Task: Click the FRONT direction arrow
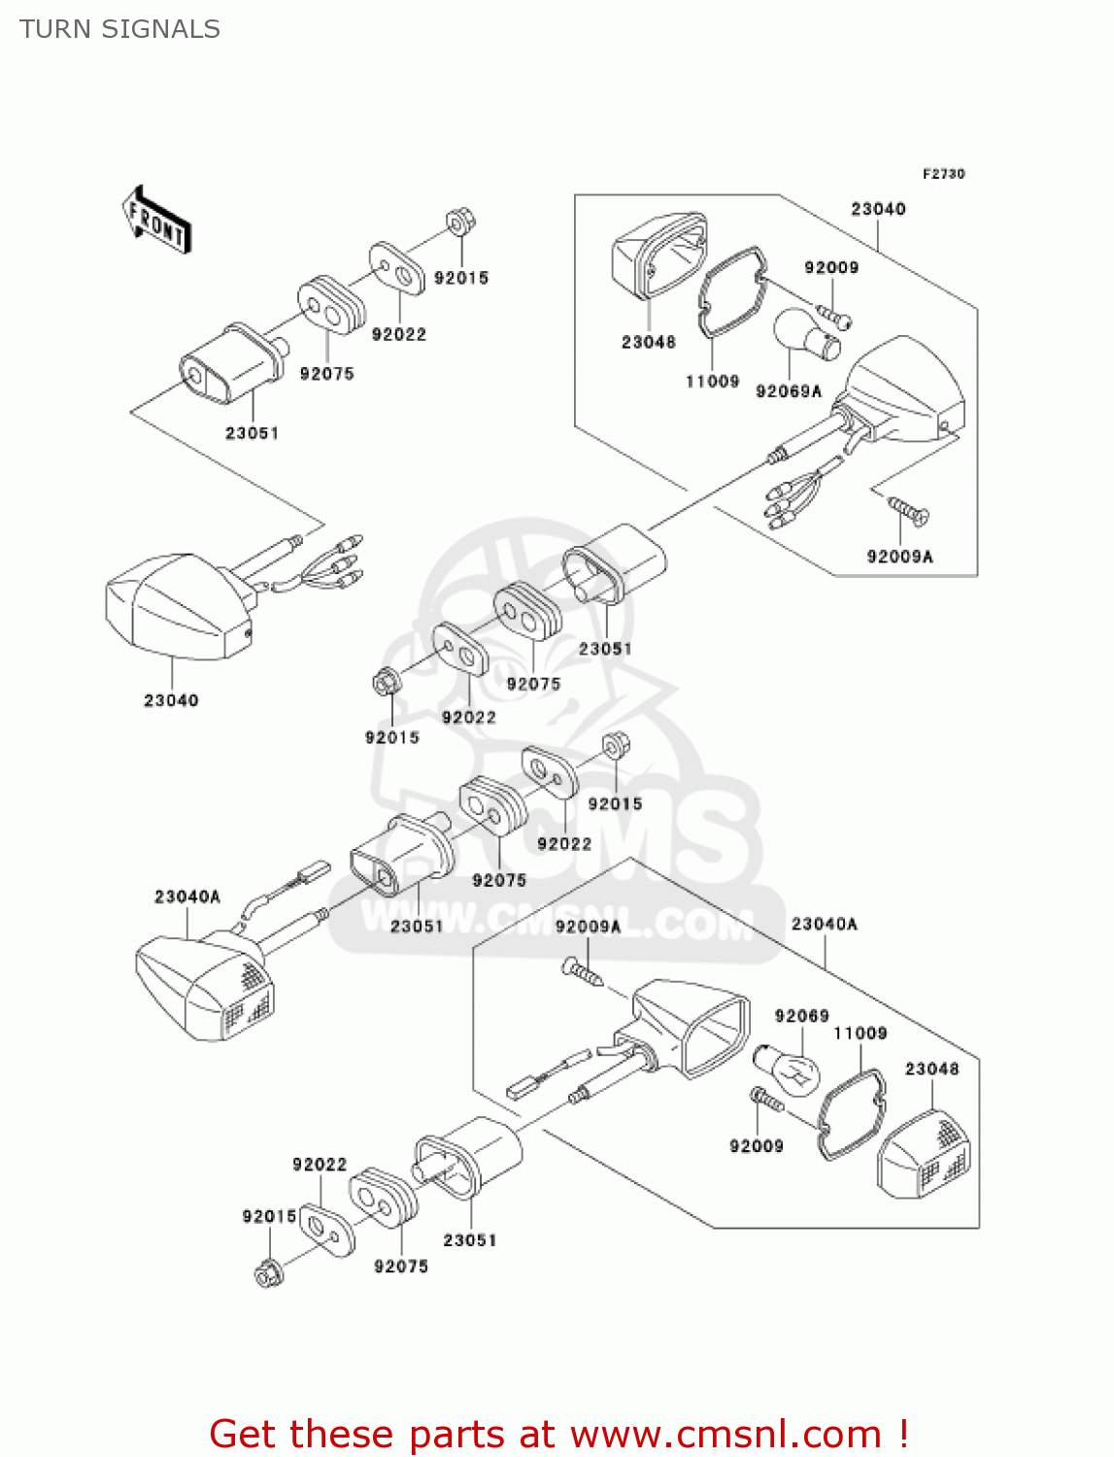tap(155, 220)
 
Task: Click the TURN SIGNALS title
tap(119, 29)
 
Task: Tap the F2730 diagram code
tap(943, 174)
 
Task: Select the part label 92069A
tap(788, 391)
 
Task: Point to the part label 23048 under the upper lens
tap(648, 342)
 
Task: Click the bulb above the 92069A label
tap(805, 333)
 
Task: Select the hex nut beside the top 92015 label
tap(459, 221)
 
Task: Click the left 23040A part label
tap(187, 897)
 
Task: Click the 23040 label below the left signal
tap(171, 700)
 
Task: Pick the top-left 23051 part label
tap(252, 433)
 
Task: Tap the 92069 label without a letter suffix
tap(801, 1016)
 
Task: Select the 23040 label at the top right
tap(878, 209)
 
